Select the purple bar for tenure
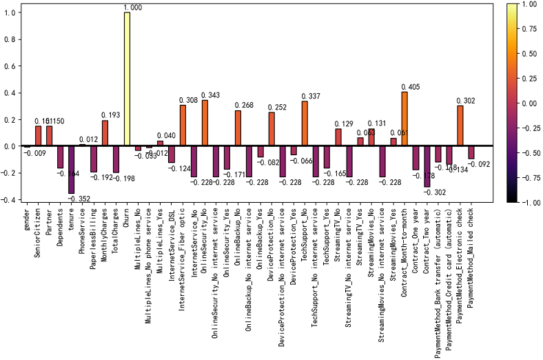(x=71, y=170)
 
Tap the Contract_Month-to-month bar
(x=404, y=119)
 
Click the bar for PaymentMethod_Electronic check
(x=460, y=126)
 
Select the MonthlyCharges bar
(x=105, y=133)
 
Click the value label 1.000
(x=133, y=8)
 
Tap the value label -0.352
(x=77, y=199)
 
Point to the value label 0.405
(x=410, y=87)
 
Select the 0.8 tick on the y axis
(x=10, y=39)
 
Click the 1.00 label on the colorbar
(x=529, y=3)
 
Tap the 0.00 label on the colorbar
(x=529, y=103)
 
